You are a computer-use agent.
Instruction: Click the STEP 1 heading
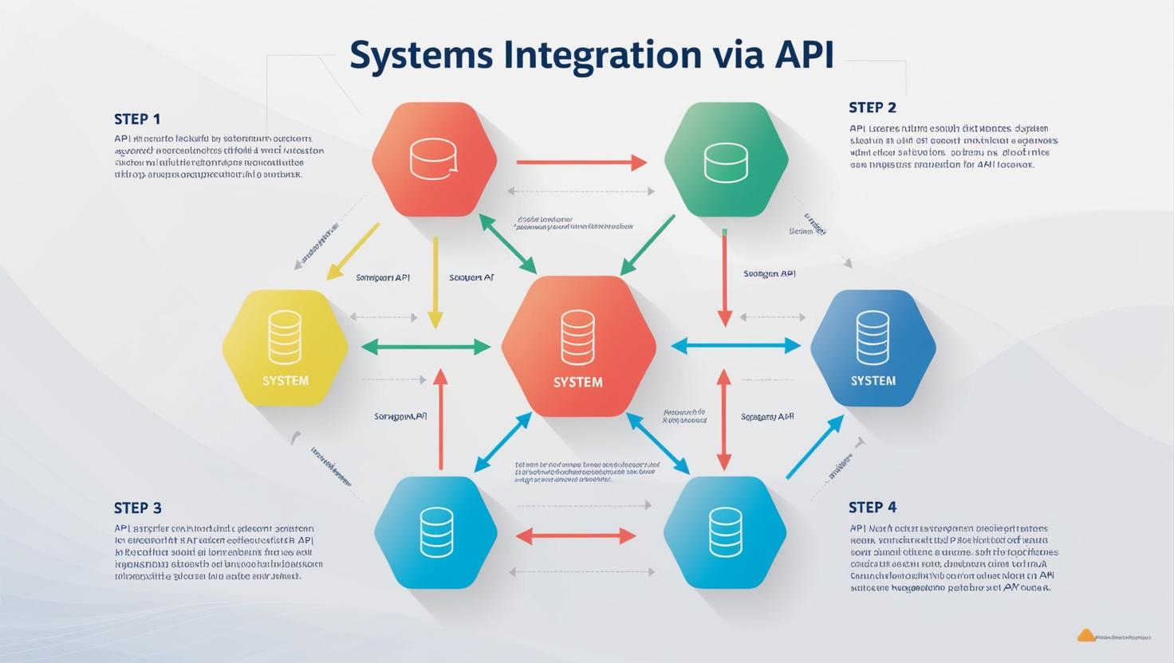tap(137, 120)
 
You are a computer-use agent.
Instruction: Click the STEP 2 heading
tap(872, 108)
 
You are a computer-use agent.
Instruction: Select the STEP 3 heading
tap(137, 508)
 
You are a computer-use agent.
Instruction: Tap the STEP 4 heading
tap(872, 507)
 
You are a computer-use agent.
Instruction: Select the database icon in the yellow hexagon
tap(285, 337)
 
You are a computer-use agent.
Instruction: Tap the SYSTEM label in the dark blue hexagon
tap(873, 381)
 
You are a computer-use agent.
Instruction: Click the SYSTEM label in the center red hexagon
tap(578, 382)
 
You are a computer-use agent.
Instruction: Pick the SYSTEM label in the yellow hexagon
tap(285, 381)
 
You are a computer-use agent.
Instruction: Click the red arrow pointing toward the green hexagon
tap(581, 163)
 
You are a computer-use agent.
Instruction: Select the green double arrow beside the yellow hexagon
tap(426, 347)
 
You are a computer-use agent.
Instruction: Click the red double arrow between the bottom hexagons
tap(576, 536)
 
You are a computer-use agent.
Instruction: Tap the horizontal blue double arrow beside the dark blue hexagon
tap(735, 346)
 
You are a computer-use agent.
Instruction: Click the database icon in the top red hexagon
tap(433, 159)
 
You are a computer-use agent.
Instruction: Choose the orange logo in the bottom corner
tap(1085, 636)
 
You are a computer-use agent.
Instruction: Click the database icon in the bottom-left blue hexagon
tap(436, 532)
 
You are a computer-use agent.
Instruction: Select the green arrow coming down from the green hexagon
tap(647, 245)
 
